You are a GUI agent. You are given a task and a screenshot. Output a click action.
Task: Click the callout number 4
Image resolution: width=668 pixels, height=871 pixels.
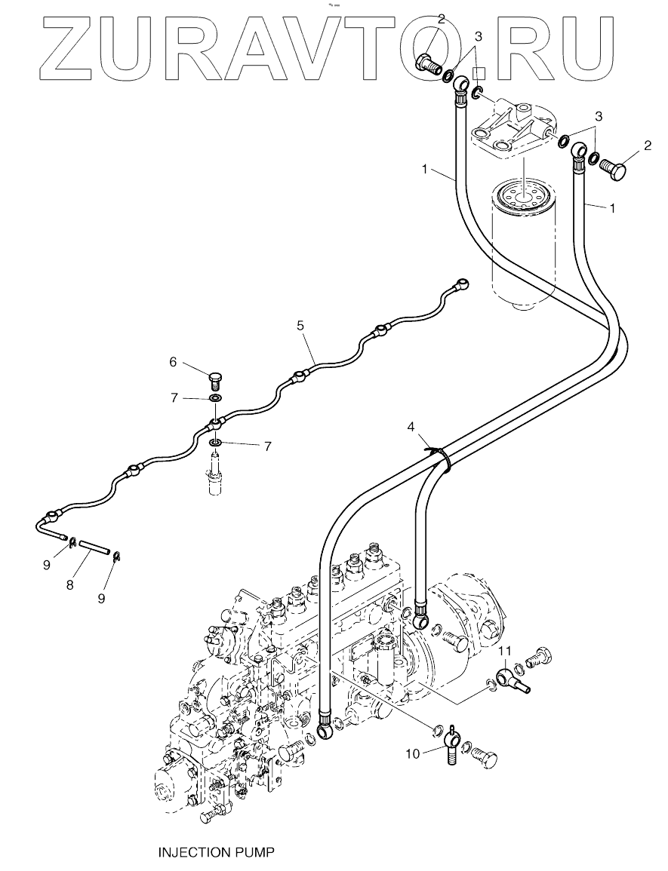pyautogui.click(x=411, y=427)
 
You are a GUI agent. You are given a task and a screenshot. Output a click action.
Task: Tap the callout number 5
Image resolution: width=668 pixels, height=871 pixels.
pyautogui.click(x=300, y=326)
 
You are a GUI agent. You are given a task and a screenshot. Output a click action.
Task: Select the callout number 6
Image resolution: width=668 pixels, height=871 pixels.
pyautogui.click(x=173, y=362)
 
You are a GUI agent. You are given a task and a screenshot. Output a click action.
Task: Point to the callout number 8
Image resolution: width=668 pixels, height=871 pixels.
pyautogui.click(x=70, y=585)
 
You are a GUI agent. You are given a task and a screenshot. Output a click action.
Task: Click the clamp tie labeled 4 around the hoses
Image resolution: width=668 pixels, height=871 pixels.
pyautogui.click(x=443, y=458)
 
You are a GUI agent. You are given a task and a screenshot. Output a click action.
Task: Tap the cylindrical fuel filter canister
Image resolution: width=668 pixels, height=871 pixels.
pyautogui.click(x=523, y=245)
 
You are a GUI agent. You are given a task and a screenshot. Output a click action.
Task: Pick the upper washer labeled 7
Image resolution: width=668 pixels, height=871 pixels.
pyautogui.click(x=215, y=399)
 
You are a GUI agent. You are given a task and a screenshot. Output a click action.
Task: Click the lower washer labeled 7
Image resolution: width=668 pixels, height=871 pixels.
pyautogui.click(x=215, y=443)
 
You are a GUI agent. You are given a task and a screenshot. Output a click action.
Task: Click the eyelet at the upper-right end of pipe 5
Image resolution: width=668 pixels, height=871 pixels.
pyautogui.click(x=462, y=283)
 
